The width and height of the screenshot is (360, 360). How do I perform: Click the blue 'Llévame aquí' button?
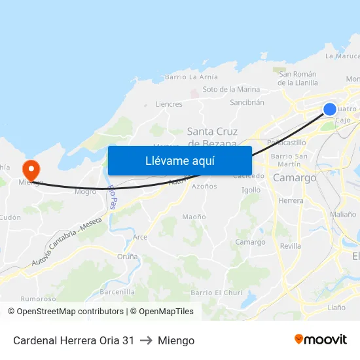[x=179, y=160]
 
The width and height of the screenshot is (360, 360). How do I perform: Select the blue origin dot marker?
[x=330, y=109]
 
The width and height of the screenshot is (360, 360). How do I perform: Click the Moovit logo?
[x=320, y=340]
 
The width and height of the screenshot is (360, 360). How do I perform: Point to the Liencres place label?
[x=169, y=104]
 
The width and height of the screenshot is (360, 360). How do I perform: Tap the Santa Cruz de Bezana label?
[x=212, y=137]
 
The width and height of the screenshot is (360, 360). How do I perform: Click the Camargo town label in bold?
[x=294, y=178]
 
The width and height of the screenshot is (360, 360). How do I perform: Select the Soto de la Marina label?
[x=231, y=89]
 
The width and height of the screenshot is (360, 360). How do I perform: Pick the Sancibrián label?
[x=247, y=102]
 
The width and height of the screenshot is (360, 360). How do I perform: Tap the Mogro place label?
[x=85, y=192]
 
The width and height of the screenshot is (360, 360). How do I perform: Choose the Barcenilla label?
[x=118, y=292]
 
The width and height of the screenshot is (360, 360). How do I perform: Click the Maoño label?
[x=194, y=217]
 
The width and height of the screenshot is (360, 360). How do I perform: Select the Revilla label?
[x=291, y=245]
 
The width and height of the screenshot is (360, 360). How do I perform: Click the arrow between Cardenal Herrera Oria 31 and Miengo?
[x=146, y=340]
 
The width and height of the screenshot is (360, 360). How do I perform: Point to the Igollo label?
[x=251, y=190]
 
